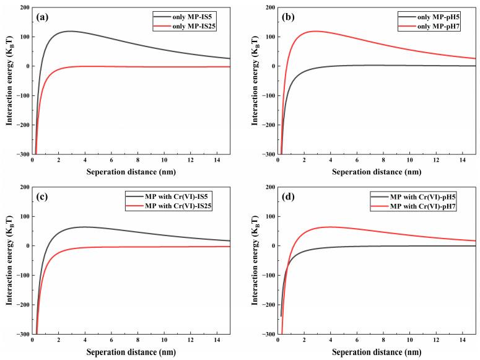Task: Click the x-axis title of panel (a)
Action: (x=131, y=172)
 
